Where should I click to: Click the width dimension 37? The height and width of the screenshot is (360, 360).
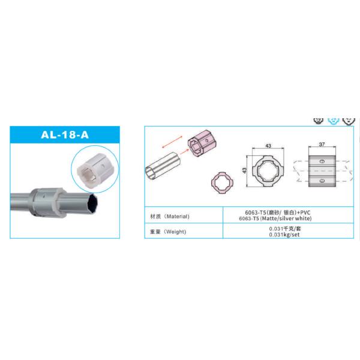[322, 145]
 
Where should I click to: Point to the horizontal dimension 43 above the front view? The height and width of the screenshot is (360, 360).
[268, 146]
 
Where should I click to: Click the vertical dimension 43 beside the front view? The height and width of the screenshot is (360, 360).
[245, 172]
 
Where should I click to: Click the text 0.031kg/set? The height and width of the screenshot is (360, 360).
[284, 235]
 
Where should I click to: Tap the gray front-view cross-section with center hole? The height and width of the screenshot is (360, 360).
[268, 172]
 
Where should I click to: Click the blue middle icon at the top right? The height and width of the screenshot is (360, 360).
[333, 119]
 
